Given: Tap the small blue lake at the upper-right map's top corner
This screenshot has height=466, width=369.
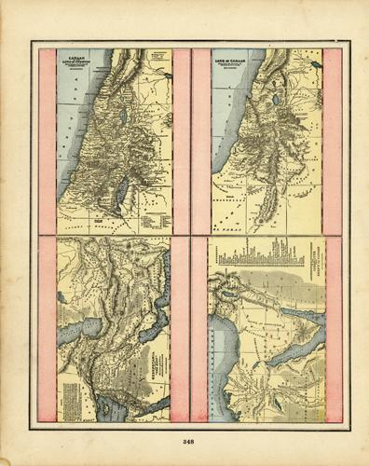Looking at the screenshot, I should coord(316,66).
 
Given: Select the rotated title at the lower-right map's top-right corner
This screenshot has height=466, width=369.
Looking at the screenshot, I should coord(312,270).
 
